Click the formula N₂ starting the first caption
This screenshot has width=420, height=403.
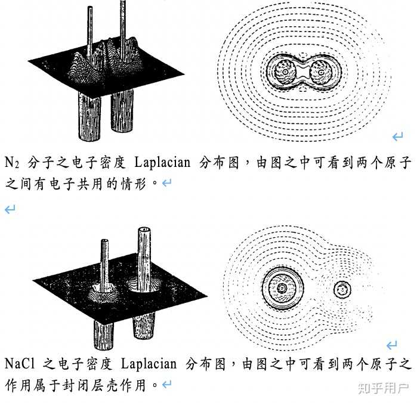[x=12, y=162]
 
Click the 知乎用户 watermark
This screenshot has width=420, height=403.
[x=383, y=388]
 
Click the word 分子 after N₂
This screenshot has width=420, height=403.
[x=37, y=162]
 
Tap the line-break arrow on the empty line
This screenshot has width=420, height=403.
[x=10, y=209]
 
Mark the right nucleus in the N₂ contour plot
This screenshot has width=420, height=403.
[x=323, y=73]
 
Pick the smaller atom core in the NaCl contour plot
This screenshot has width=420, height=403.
[x=342, y=290]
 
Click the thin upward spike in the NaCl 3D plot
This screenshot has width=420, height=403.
[x=104, y=262]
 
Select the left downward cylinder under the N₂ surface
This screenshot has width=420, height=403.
[x=87, y=116]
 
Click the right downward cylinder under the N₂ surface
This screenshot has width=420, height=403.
[x=123, y=116]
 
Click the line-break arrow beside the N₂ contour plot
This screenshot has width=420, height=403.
[x=397, y=138]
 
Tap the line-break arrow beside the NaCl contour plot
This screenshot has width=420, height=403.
[x=392, y=345]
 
